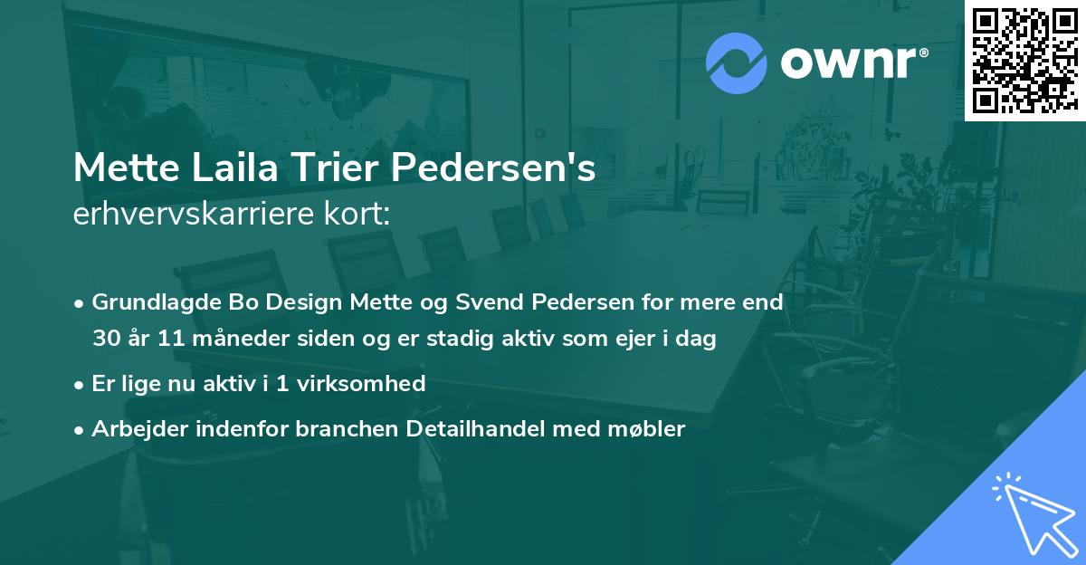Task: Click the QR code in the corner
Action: (x=1024, y=60)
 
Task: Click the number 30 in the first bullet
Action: (x=107, y=340)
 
